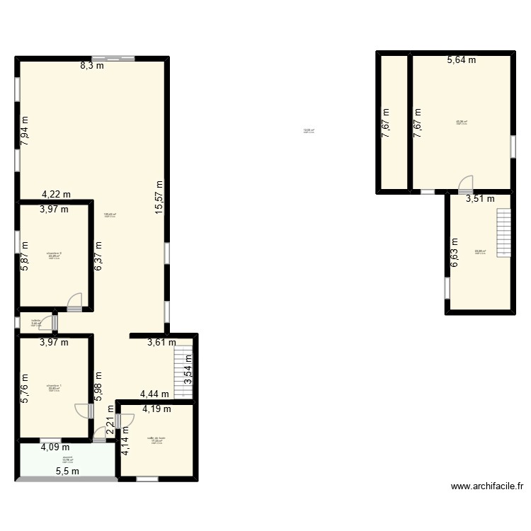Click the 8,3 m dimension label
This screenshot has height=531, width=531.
pos(91,66)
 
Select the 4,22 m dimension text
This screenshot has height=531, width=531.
pos(56,194)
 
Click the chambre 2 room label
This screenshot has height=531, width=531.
pos(54,254)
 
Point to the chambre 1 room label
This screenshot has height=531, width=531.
pos(54,387)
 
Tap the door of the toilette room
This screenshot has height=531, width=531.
pos(47,323)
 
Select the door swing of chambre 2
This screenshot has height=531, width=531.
pos(74,302)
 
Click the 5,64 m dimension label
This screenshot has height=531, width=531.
pos(461,60)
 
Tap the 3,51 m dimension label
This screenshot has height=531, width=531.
pos(479,199)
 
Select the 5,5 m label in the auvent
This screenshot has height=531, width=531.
pos(68,472)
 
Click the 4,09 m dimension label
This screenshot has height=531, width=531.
pos(55,447)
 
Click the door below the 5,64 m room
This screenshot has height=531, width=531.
pos(465,184)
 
